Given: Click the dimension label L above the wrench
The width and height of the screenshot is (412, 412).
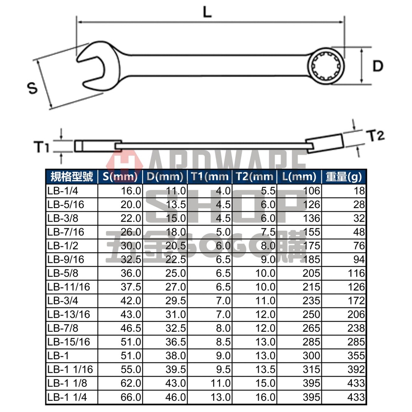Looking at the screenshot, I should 207,12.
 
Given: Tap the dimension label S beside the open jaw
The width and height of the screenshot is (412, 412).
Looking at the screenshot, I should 32,87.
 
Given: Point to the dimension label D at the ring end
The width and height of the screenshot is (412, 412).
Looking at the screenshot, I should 378,66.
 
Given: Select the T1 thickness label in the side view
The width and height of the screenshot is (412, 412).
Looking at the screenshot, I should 42,146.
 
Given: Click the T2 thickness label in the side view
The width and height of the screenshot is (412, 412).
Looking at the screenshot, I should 375,136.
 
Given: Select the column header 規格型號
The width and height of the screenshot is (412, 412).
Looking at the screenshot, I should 71,177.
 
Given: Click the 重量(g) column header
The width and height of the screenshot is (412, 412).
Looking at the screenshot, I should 344,177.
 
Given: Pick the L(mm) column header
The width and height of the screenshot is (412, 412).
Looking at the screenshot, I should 299,177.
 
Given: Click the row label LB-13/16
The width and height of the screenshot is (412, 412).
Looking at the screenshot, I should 68,314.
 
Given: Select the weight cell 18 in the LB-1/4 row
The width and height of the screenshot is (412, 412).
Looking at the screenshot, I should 359,191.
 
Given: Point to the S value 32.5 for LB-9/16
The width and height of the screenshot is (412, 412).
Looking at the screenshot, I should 131,260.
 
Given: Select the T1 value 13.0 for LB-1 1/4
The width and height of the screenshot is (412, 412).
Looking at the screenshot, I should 220,397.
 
